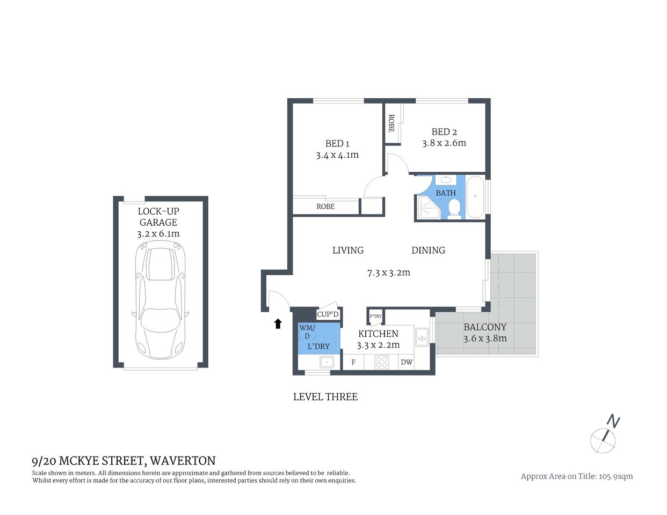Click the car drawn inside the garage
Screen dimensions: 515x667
160,300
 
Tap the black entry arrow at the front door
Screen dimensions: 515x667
278,323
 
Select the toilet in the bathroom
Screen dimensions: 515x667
454,208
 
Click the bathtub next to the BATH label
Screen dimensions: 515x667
475,197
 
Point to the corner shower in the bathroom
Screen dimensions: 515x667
427,208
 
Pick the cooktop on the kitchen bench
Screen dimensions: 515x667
382,362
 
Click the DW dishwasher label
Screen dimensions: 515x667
407,362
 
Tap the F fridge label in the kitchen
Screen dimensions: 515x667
353,362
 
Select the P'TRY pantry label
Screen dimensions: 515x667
375,317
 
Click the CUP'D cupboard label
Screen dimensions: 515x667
328,314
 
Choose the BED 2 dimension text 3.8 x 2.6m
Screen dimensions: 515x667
444,143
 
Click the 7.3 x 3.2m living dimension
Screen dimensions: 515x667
388,273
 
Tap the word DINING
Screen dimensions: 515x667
428,250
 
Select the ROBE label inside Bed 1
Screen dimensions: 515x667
325,207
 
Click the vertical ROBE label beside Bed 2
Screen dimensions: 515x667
392,123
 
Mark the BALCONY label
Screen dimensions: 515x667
485,327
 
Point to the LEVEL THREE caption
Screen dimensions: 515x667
325,397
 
